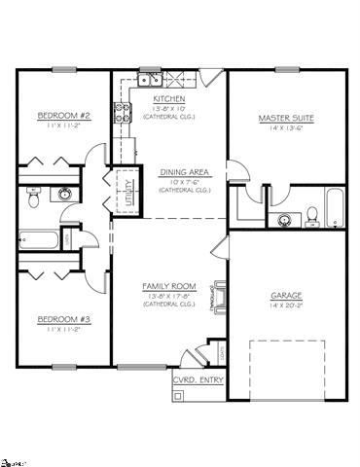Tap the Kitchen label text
coord(169,99)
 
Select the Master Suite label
coord(283,118)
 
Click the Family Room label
coord(169,286)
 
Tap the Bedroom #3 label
coord(63,318)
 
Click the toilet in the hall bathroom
coord(32,198)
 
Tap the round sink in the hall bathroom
coord(65,194)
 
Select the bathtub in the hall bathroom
coord(39,237)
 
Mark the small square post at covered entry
coord(177,395)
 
